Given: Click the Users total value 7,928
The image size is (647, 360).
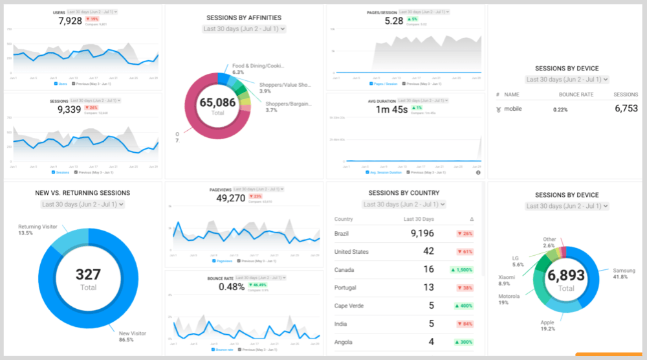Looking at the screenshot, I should [x=70, y=21].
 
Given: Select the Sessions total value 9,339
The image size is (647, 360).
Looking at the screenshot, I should [x=70, y=109].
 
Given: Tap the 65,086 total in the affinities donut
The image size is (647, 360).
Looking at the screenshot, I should [x=217, y=102].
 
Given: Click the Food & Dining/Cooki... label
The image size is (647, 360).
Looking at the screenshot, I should [x=258, y=66].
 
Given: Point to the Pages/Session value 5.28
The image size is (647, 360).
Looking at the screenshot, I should [x=393, y=21].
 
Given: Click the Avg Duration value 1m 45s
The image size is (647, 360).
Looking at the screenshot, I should [x=392, y=109].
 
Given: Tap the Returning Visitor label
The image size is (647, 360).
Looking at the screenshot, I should [x=38, y=226].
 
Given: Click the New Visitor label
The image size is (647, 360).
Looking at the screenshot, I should [x=133, y=333].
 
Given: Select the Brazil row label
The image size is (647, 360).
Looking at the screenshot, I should [x=342, y=233].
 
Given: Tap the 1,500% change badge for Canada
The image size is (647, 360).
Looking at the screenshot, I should [x=460, y=269].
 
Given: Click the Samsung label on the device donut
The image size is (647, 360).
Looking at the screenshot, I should [x=624, y=271].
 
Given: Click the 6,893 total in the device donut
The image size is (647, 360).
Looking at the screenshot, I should [x=566, y=276].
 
